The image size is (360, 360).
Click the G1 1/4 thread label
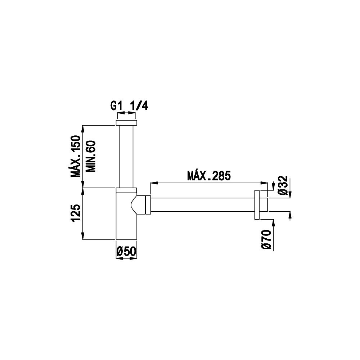tap(129, 106)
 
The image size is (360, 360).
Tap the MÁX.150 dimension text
tap(76, 156)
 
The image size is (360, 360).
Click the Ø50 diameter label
tap(126, 251)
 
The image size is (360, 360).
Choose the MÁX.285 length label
tap(209, 176)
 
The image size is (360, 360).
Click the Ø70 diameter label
tap(266, 239)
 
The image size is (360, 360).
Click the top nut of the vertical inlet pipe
tap(126, 123)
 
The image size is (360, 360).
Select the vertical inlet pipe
tap(126, 157)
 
